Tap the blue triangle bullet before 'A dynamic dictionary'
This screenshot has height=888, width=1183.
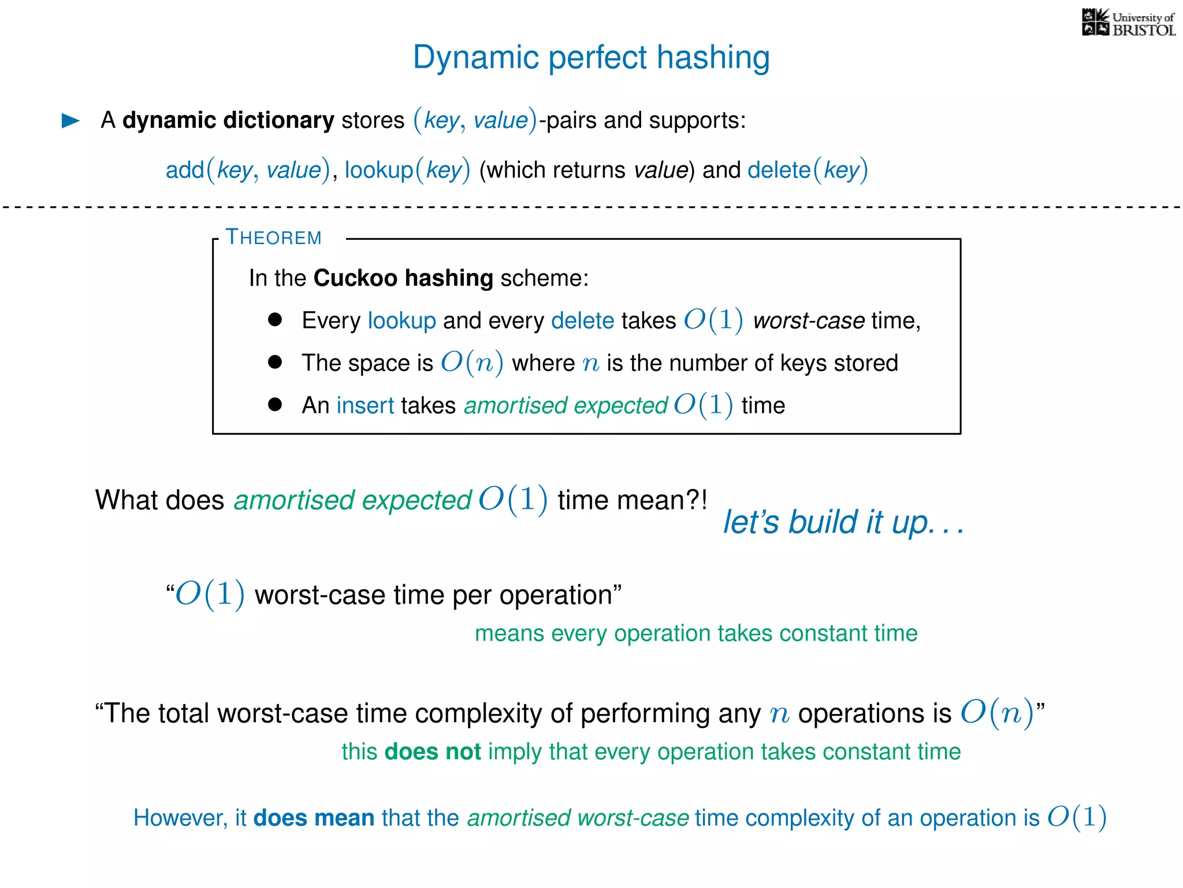coord(70,120)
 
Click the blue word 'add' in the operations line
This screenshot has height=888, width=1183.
coord(185,170)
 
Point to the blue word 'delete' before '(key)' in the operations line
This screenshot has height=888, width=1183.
coord(779,170)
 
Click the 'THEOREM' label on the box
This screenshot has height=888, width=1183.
coord(273,238)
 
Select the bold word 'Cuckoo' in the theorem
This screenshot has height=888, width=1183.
coord(355,278)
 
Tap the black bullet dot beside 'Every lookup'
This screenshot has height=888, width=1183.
coord(275,320)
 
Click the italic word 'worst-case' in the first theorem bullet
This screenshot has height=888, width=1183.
coord(808,321)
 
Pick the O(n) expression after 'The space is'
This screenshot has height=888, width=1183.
coord(471,363)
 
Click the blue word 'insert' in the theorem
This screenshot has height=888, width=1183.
coord(365,405)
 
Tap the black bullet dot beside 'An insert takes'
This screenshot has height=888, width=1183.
coord(275,405)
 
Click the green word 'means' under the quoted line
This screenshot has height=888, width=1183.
coord(509,634)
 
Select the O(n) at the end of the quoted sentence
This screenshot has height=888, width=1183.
coord(996,713)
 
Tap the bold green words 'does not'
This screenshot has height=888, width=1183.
coord(433,752)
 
